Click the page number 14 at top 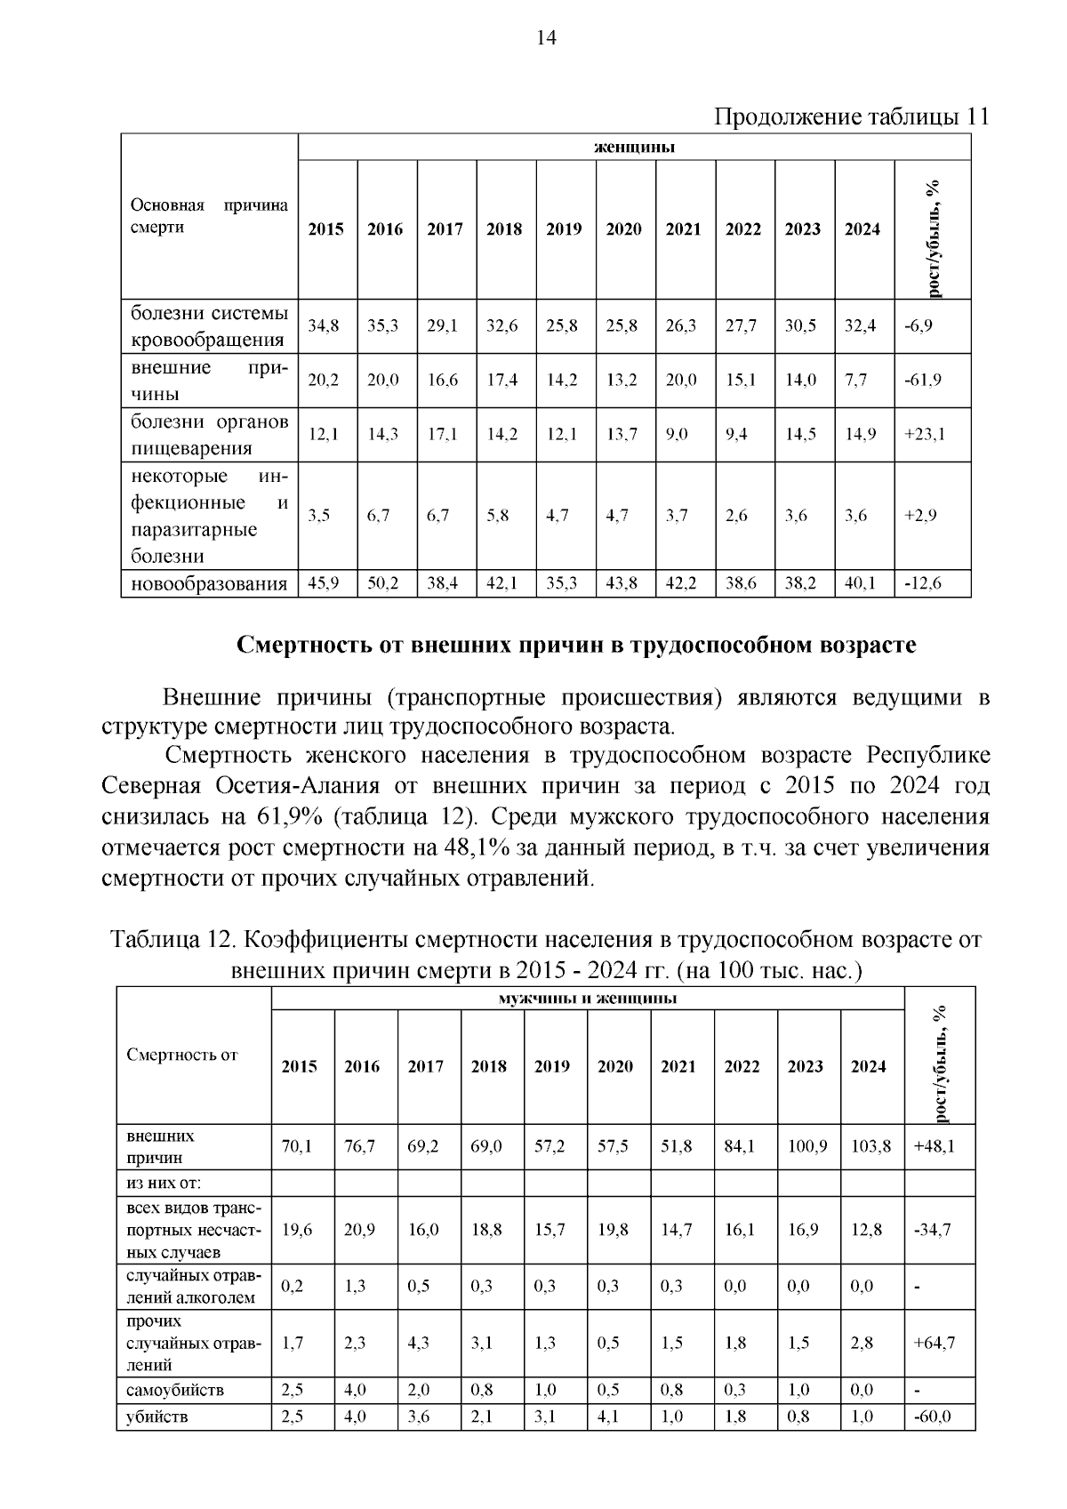click(546, 37)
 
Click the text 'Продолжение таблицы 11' click(852, 116)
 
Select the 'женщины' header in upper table click(634, 147)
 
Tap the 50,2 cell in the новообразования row click(384, 583)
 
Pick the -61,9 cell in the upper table click(923, 380)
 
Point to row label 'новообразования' click(209, 583)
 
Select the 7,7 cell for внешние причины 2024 click(855, 380)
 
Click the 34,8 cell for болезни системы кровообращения click(324, 325)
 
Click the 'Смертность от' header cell click(182, 1055)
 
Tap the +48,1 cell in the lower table click(934, 1146)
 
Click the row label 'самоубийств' click(175, 1389)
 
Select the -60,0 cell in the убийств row click(932, 1417)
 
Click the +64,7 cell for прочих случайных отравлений click(934, 1343)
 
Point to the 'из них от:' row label click(164, 1183)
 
